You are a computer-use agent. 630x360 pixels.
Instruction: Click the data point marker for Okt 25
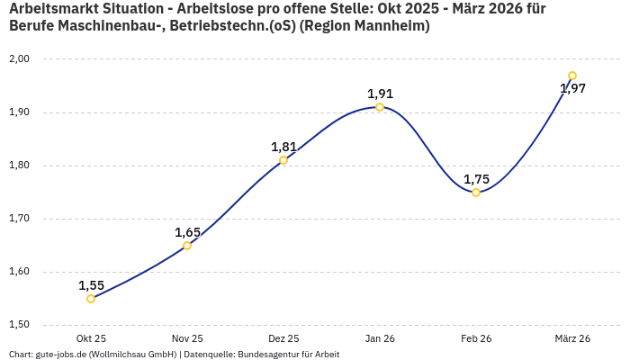pyautogui.click(x=91, y=299)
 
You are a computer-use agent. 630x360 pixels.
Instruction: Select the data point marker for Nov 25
pyautogui.click(x=187, y=246)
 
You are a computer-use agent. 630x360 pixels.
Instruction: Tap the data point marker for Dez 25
pyautogui.click(x=283, y=160)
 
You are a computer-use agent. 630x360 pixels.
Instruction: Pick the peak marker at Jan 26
pyautogui.click(x=380, y=107)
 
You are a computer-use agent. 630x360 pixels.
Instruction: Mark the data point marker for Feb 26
pyautogui.click(x=476, y=193)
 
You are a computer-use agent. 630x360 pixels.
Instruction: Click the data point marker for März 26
pyautogui.click(x=572, y=76)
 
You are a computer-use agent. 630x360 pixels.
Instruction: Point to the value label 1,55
pyautogui.click(x=91, y=285)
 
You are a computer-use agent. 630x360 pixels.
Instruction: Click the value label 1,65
pyautogui.click(x=187, y=232)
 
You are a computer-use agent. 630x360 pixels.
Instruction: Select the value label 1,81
pyautogui.click(x=283, y=147)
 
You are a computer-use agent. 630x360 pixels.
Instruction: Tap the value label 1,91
pyautogui.click(x=380, y=94)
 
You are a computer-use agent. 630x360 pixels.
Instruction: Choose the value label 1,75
pyautogui.click(x=476, y=179)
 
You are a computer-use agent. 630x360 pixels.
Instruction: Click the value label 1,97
pyautogui.click(x=572, y=88)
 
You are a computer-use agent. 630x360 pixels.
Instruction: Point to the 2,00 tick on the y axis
pyautogui.click(x=19, y=59)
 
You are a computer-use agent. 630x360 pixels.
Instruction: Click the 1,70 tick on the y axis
pyautogui.click(x=19, y=219)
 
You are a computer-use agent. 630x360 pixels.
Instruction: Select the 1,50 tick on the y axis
pyautogui.click(x=19, y=325)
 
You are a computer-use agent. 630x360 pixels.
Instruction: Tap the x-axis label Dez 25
pyautogui.click(x=283, y=338)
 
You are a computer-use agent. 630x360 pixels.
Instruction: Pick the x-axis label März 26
pyautogui.click(x=572, y=338)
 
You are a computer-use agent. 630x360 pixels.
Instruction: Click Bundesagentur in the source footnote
pyautogui.click(x=267, y=355)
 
